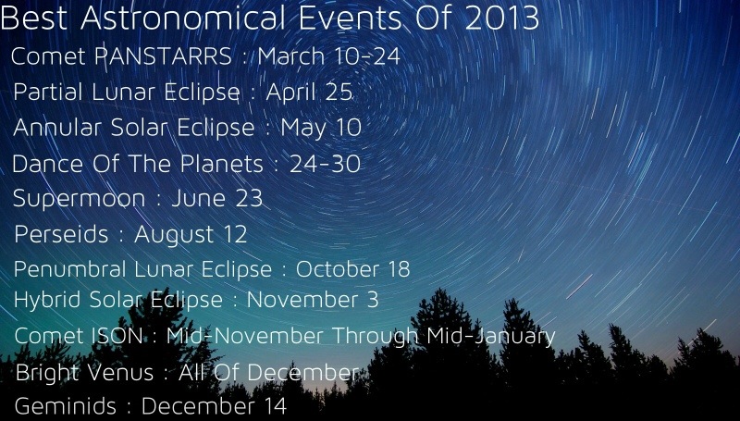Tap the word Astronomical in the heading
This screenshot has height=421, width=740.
(x=183, y=19)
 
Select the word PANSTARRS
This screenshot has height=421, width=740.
(x=164, y=56)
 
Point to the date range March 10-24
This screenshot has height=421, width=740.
(x=329, y=56)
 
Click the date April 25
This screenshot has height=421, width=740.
(x=310, y=92)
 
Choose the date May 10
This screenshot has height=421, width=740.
(x=321, y=129)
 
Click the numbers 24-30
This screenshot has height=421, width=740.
(x=326, y=164)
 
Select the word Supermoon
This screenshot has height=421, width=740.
(x=79, y=199)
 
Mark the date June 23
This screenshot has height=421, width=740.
(x=216, y=198)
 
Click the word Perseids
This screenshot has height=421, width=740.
(x=61, y=234)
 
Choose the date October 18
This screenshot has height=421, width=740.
(x=352, y=269)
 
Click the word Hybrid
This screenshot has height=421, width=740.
(x=47, y=300)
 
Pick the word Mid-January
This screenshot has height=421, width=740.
(x=491, y=337)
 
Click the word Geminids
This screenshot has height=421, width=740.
(x=66, y=406)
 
